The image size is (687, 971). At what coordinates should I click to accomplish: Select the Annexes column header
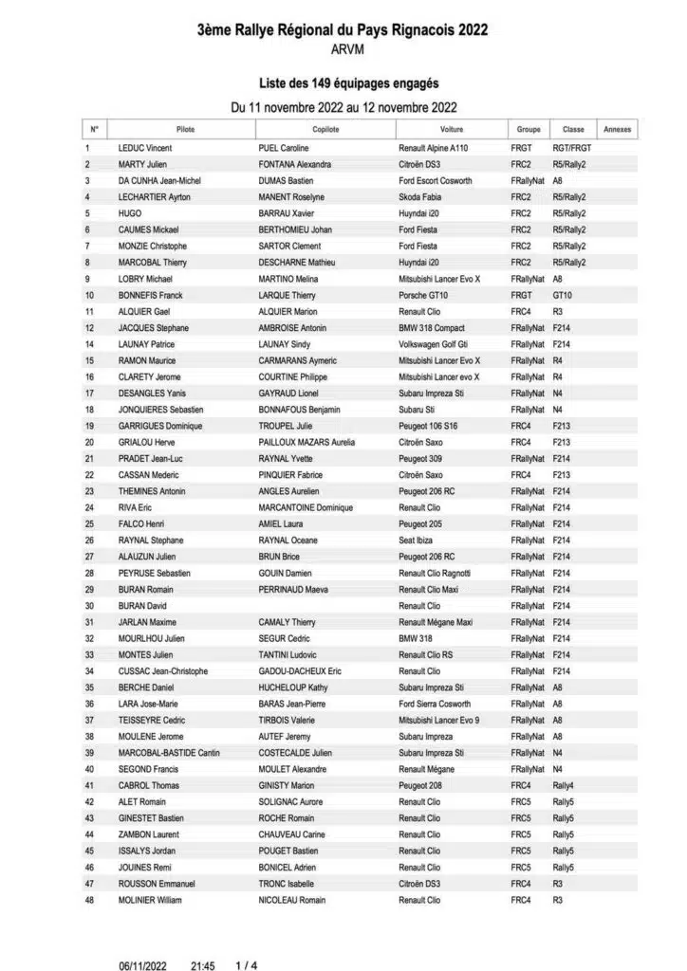point(617,129)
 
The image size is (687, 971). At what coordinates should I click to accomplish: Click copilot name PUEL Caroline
point(284,148)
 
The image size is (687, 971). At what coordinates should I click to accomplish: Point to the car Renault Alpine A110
point(434,148)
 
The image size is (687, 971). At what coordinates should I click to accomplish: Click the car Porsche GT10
point(424,295)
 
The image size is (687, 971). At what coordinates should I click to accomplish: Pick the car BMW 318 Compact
point(433,328)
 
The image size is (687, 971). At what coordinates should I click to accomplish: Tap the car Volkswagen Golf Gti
point(436,344)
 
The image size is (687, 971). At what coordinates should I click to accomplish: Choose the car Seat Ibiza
point(418,540)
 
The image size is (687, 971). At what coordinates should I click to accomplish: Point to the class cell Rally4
point(564,785)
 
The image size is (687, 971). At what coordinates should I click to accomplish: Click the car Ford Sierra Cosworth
point(435,704)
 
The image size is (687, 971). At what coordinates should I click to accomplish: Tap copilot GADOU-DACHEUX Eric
point(300,671)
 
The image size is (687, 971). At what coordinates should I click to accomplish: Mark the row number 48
point(89,900)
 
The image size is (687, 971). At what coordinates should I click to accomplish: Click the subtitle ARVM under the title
point(343,48)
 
